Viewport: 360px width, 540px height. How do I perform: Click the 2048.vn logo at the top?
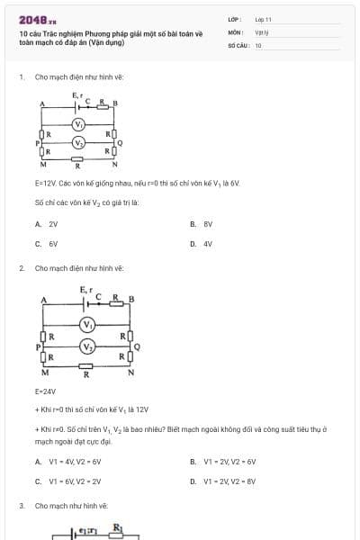coord(37,19)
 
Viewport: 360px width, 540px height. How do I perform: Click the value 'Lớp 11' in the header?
coord(263,19)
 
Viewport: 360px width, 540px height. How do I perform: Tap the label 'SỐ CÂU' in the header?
coord(238,44)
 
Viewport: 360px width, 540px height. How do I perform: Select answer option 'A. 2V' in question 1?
coord(47,223)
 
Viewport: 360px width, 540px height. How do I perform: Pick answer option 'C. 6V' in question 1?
coord(47,243)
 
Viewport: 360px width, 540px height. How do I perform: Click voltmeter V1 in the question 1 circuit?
coord(79,124)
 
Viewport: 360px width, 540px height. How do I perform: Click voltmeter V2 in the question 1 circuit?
coord(79,143)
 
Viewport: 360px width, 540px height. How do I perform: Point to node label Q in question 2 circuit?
coord(137,346)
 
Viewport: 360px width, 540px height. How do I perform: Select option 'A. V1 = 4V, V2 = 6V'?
coord(68,462)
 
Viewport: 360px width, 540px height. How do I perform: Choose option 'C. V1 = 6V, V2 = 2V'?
coord(68,481)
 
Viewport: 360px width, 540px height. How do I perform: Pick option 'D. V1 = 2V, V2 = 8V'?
coord(223,481)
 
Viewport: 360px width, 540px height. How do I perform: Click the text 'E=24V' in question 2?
coord(45,391)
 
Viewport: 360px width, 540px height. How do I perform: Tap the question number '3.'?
coord(22,506)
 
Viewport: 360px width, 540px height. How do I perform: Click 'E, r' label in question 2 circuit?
coord(85,288)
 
